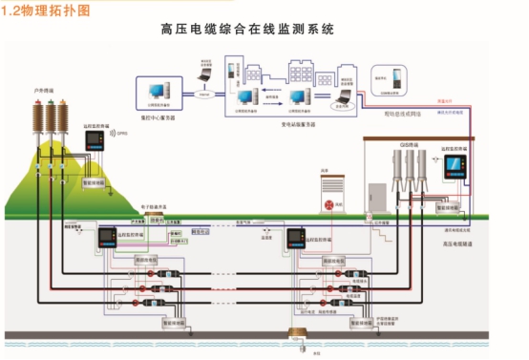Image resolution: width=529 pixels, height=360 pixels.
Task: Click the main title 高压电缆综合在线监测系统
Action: tap(247, 30)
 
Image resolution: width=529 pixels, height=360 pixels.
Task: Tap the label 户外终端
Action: tap(44, 91)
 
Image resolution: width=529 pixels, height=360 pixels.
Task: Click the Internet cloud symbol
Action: tap(202, 95)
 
